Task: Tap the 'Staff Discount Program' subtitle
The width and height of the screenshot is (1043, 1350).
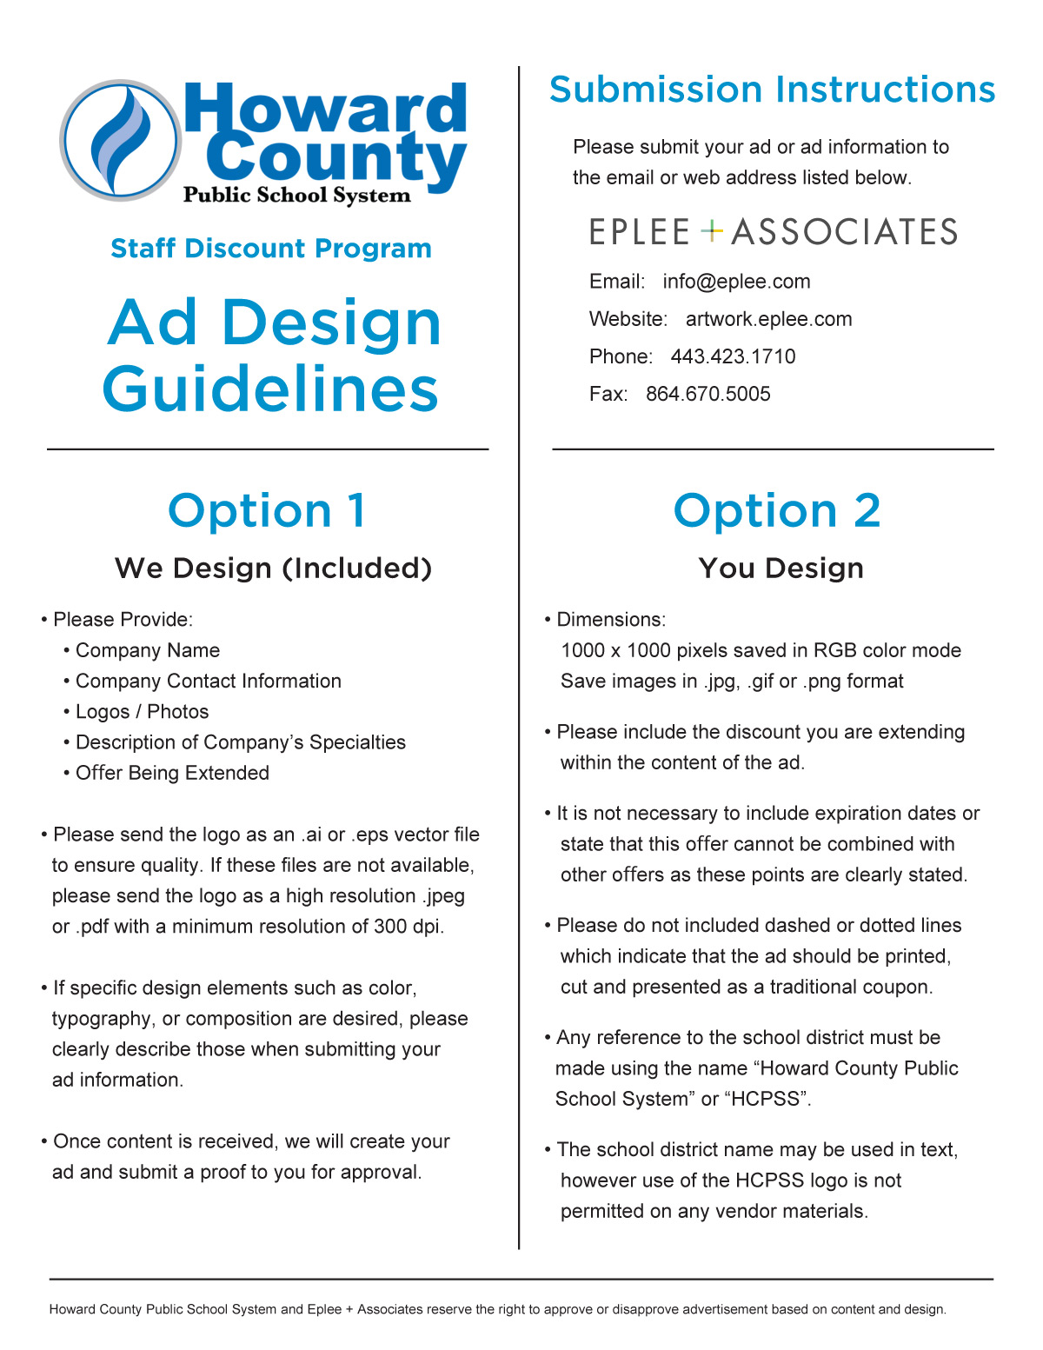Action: pos(271,249)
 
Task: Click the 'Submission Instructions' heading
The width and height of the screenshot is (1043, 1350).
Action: pos(772,90)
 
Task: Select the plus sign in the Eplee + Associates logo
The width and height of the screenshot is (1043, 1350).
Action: pos(712,231)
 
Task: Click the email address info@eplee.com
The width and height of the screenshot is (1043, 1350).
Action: pos(736,282)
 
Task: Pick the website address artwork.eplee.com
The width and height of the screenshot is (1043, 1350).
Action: pos(768,319)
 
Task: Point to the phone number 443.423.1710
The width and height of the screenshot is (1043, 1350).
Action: pos(733,356)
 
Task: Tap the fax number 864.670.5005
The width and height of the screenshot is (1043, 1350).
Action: pos(708,394)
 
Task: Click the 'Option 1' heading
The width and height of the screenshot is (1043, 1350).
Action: pos(267,510)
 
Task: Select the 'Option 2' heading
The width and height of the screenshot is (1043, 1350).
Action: pos(777,510)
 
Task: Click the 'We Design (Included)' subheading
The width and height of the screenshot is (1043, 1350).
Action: pos(273,569)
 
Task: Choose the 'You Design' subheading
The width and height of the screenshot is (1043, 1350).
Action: pos(781,569)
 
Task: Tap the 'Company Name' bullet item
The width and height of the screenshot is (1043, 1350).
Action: pos(147,650)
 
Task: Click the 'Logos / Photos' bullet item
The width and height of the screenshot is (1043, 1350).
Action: pos(142,712)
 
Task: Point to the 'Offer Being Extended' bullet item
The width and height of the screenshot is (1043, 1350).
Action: pos(172,773)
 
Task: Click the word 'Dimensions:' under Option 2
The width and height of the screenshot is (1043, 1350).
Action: pos(611,620)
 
